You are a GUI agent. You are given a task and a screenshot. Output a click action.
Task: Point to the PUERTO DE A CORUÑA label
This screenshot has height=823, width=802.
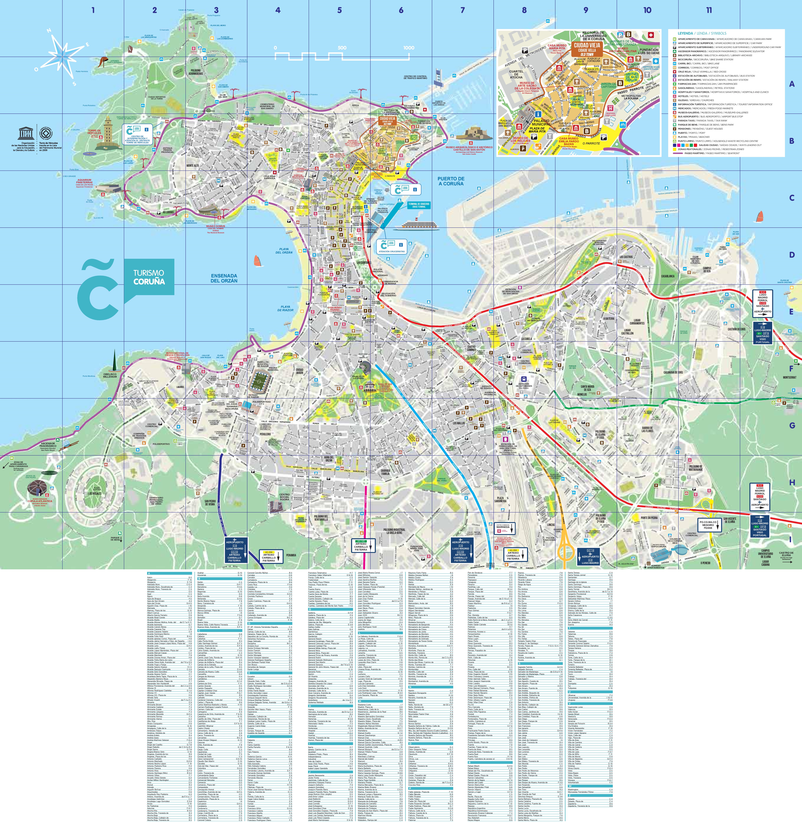(451, 181)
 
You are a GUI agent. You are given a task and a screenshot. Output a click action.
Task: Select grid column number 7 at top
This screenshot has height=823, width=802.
(462, 10)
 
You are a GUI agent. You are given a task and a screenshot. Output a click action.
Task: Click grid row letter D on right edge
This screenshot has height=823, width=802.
(791, 255)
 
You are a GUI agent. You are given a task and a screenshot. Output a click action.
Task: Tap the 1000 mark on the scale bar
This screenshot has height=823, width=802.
(409, 48)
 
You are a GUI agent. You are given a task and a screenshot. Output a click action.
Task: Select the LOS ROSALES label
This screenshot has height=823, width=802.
(95, 493)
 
